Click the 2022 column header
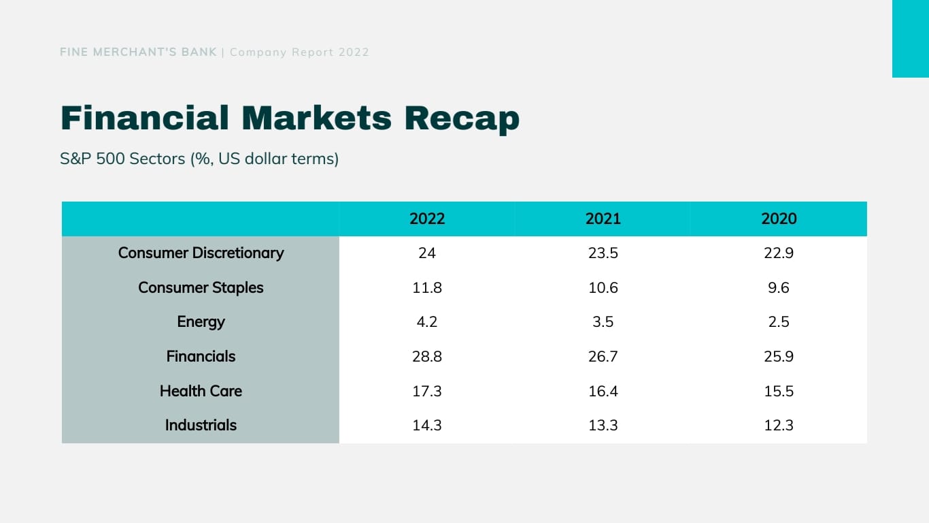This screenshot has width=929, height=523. tap(427, 219)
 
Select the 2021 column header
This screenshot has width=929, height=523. tap(603, 219)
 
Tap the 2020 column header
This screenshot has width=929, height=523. tap(779, 219)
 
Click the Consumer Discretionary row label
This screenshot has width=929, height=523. tap(201, 253)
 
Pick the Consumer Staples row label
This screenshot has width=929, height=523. tap(201, 287)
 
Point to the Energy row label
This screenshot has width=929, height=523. tap(201, 321)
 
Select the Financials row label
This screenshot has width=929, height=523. tap(201, 356)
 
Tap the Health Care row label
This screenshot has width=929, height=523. tap(201, 391)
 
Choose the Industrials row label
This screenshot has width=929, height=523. tap(201, 425)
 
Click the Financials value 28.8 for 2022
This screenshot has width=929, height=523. tap(427, 356)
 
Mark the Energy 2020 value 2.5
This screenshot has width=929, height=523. tap(779, 321)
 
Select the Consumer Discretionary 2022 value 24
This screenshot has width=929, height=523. tap(427, 253)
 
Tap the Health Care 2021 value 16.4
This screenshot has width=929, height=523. tap(603, 391)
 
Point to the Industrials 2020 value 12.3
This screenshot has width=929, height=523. tap(779, 425)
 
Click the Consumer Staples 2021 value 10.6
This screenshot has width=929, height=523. tap(603, 287)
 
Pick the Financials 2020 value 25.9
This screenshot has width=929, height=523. tap(779, 356)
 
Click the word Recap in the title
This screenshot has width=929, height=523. tap(461, 118)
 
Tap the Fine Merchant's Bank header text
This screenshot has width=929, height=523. tap(139, 52)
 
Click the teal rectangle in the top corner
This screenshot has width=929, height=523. tap(910, 38)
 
